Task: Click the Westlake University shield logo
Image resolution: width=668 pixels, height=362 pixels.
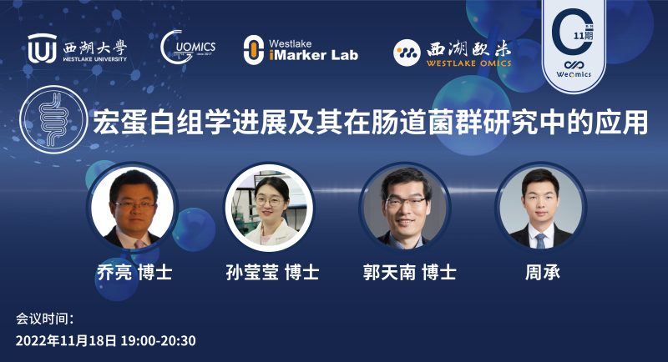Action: pos(42,49)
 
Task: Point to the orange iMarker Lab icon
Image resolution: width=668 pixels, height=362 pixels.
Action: pos(253,50)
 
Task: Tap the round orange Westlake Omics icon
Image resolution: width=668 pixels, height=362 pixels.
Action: pos(407,53)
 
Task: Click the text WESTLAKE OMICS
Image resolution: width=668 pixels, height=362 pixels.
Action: pos(467,63)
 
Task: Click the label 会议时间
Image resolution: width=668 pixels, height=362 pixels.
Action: pos(46,319)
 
